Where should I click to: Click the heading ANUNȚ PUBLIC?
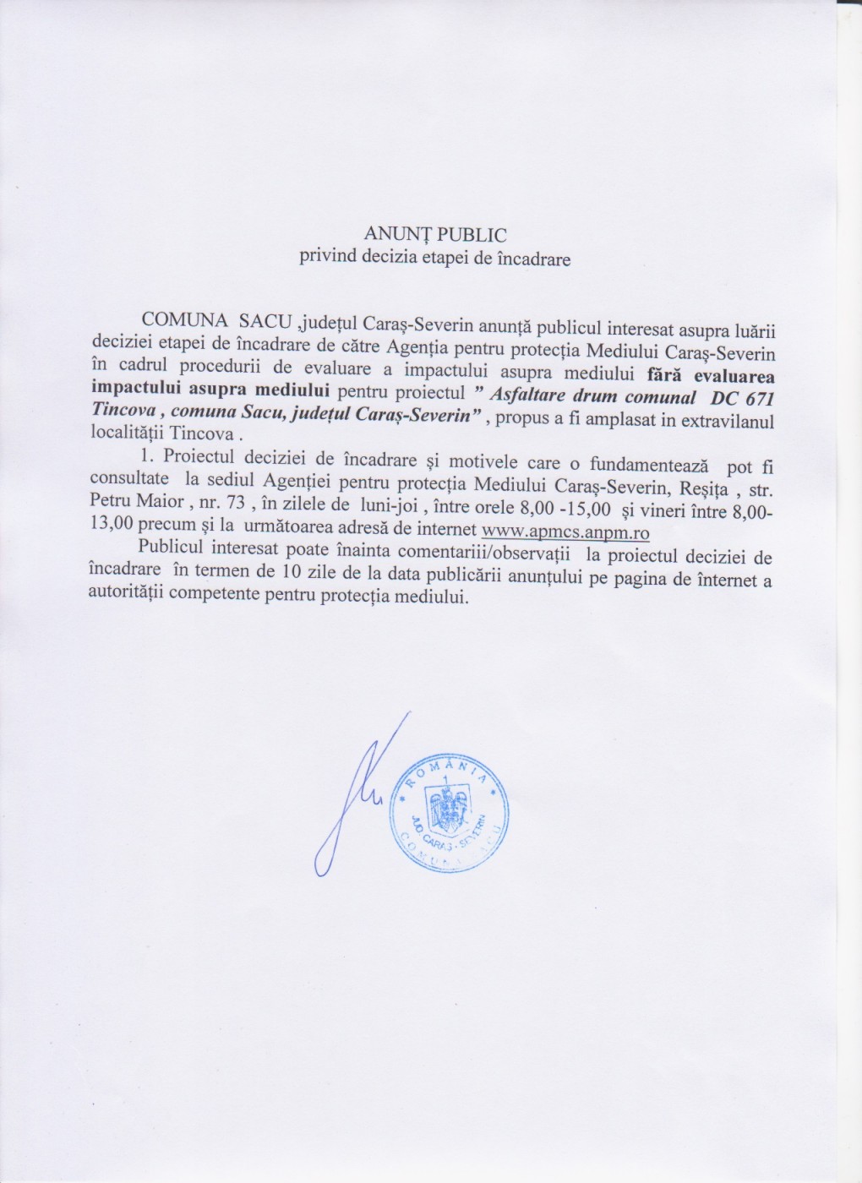click(x=434, y=234)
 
